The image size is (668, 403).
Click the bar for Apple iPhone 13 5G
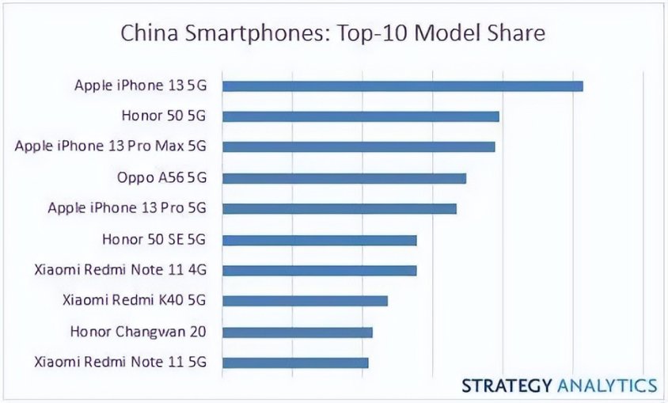(402, 86)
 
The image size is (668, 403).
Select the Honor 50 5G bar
(360, 116)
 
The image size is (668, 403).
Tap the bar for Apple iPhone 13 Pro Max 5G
(358, 146)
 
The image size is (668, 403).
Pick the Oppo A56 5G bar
(343, 177)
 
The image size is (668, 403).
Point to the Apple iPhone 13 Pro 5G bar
(339, 208)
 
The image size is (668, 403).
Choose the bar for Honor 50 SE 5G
(319, 240)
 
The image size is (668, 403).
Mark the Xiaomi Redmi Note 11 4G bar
(319, 270)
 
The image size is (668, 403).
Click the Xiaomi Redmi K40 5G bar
(305, 301)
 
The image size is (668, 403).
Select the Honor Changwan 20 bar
(297, 332)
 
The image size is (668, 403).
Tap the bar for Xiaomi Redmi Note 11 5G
(295, 363)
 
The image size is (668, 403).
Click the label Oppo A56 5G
(161, 177)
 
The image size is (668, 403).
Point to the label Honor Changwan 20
(138, 332)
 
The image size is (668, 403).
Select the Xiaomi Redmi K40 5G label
(134, 301)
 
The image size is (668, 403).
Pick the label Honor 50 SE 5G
(154, 239)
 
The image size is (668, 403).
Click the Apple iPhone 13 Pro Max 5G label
(110, 146)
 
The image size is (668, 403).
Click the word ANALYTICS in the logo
(609, 386)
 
